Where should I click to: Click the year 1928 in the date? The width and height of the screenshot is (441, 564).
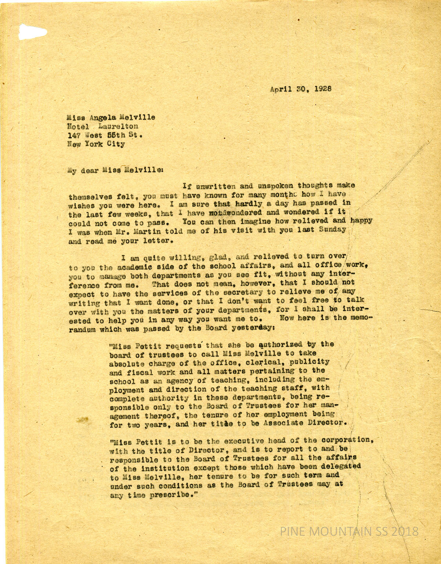[x=323, y=89]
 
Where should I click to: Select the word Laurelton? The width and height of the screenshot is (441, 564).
[x=118, y=126]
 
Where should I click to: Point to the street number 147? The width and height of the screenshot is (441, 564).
[x=74, y=135]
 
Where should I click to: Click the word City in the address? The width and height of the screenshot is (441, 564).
[x=116, y=144]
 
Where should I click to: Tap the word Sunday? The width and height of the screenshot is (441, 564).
[x=332, y=229]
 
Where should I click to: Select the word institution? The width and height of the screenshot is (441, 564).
[x=161, y=468]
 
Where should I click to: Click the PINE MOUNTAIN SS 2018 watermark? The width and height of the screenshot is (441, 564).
[x=349, y=531]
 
